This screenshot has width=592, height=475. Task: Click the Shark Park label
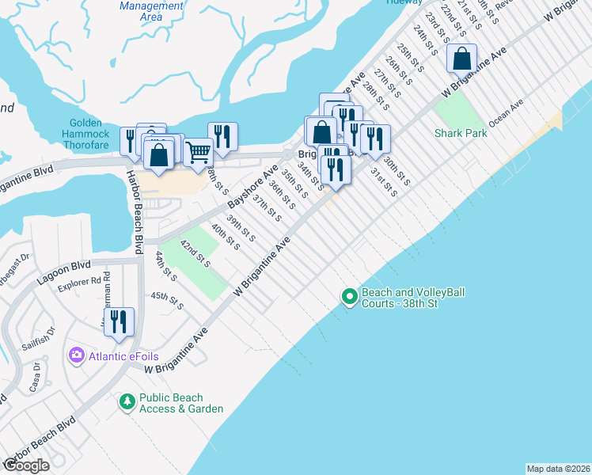(x=461, y=134)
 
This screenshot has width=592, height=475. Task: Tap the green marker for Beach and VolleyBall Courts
(x=349, y=298)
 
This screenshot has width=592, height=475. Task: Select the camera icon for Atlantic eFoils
(x=77, y=356)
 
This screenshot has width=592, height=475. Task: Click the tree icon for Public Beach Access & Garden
(x=127, y=403)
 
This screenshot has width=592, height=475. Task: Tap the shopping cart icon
(x=198, y=150)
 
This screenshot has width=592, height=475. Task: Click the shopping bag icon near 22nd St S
(x=461, y=59)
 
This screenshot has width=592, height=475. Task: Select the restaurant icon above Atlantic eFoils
(x=119, y=321)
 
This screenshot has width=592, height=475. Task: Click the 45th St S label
(x=167, y=301)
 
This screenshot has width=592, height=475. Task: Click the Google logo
(x=26, y=465)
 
